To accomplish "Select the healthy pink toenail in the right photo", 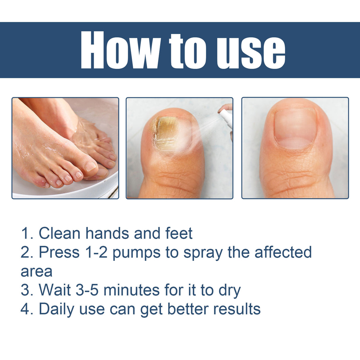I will pyautogui.click(x=295, y=129).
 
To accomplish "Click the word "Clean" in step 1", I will pyautogui.click(x=60, y=233).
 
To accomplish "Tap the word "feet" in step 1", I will pyautogui.click(x=179, y=233).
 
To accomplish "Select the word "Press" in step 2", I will pyautogui.click(x=59, y=252).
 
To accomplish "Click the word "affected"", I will pyautogui.click(x=283, y=252).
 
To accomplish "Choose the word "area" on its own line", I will pyautogui.click(x=36, y=272).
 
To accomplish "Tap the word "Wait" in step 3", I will pyautogui.click(x=55, y=290).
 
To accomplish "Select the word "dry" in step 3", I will pyautogui.click(x=230, y=291).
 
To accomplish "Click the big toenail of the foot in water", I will pyautogui.click(x=90, y=166).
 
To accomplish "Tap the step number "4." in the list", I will pyautogui.click(x=27, y=309).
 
